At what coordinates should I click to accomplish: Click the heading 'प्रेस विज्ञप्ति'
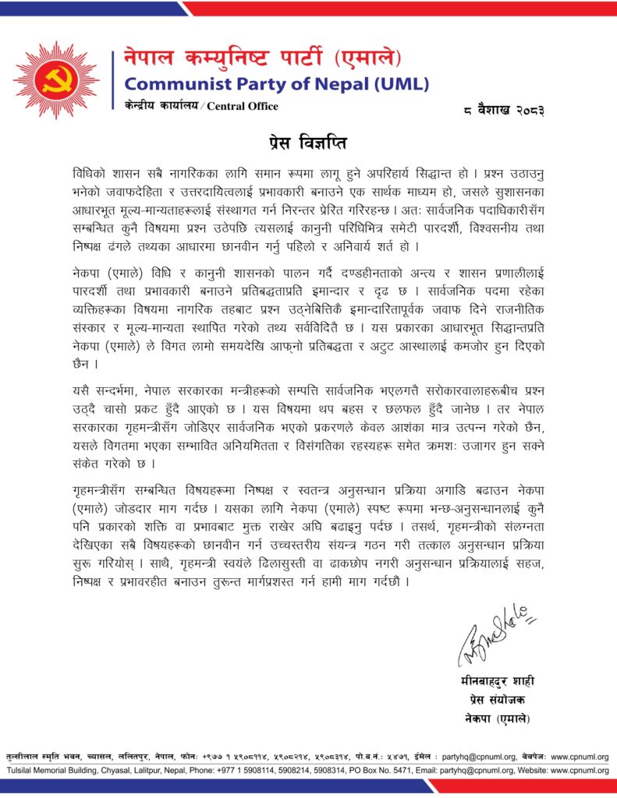pos(308,143)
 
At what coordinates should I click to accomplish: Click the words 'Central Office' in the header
pos(242,106)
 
